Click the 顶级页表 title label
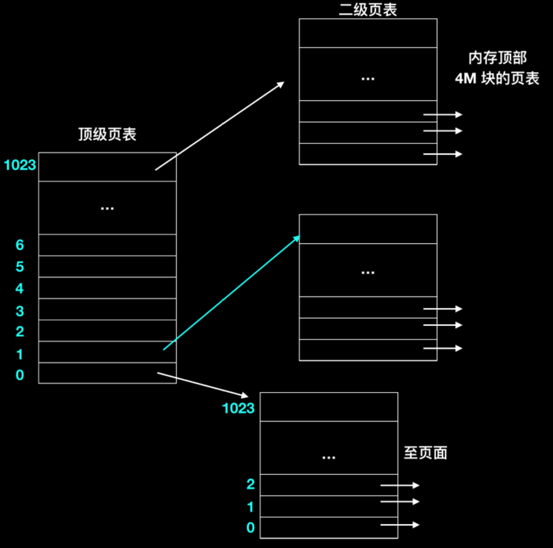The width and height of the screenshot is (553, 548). point(107,135)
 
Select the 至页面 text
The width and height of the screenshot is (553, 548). point(425,453)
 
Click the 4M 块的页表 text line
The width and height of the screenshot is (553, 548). point(497,79)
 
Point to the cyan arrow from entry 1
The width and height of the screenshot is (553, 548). point(231,293)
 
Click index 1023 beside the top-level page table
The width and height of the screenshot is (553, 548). point(20,165)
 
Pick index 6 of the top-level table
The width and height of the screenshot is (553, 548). point(20,245)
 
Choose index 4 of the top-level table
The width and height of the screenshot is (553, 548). point(20,288)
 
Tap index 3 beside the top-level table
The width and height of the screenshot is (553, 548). point(20,311)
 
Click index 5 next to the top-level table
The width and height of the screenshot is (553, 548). point(20,267)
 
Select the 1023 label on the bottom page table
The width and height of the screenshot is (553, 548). point(238,408)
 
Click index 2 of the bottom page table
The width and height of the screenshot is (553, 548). point(250,484)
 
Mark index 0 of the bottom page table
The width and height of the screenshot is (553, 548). point(250,527)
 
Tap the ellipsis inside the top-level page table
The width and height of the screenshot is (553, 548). point(107,209)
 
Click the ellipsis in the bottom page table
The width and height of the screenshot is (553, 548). point(329,457)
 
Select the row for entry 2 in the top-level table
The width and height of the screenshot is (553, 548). point(107,331)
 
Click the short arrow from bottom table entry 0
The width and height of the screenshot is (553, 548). point(400,525)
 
